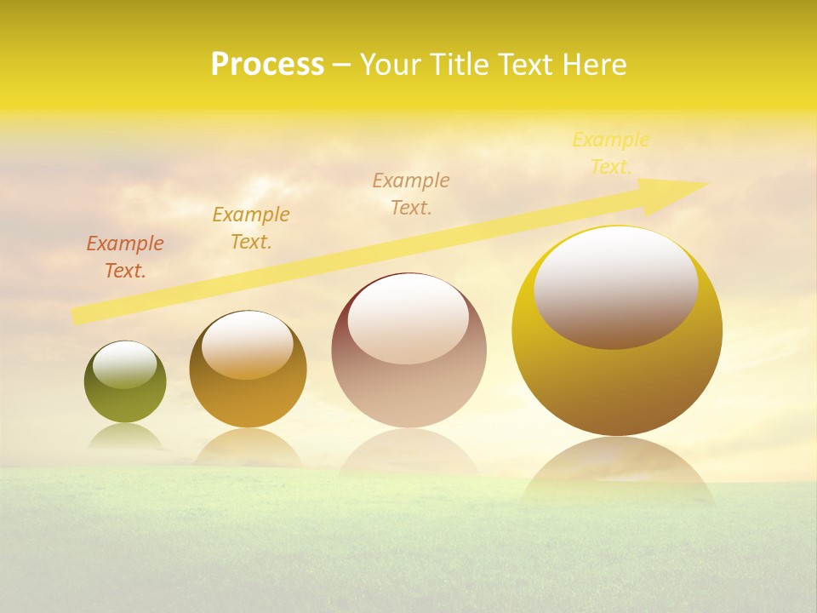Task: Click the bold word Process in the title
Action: coord(267,65)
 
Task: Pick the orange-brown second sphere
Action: coord(248,400)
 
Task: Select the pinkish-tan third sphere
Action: coord(408,392)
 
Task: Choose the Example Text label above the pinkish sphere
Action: coord(411,193)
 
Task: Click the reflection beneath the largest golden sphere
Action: coord(617,473)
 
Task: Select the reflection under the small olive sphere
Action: coord(125,437)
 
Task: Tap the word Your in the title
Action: coord(388,65)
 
